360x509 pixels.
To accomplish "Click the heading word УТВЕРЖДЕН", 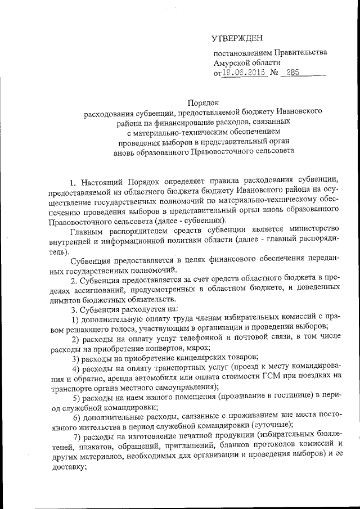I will click(x=237, y=38).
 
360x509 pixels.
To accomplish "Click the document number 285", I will click(x=292, y=73).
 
